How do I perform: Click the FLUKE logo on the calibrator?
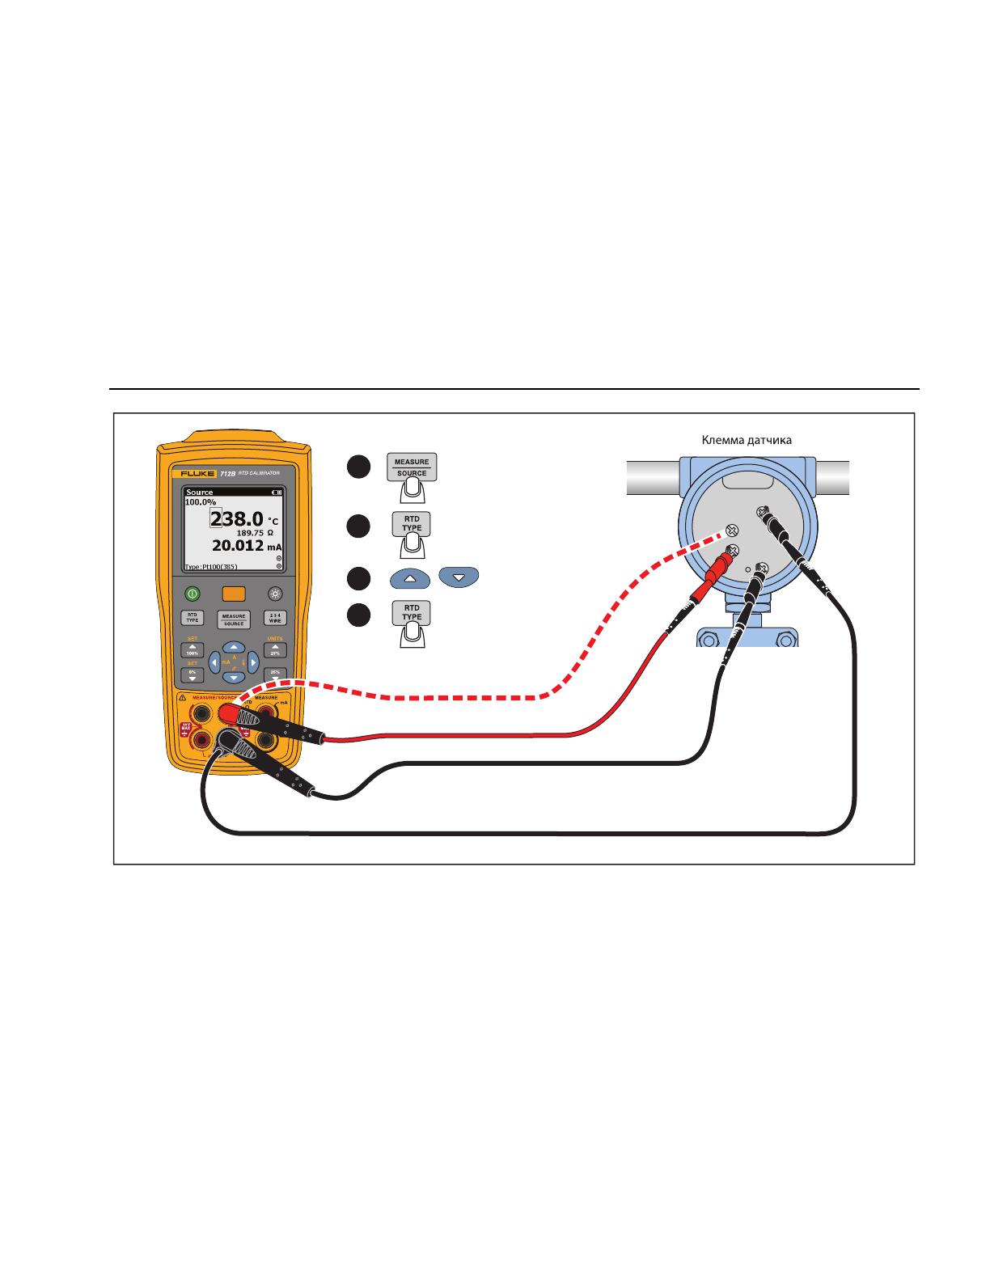pos(198,473)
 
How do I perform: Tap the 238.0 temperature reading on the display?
pos(236,518)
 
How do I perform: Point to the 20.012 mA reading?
pos(238,546)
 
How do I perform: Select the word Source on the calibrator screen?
pos(200,492)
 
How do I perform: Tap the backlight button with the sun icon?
pos(275,594)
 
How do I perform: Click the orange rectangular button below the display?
pos(234,594)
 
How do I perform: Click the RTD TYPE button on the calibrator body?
pos(192,618)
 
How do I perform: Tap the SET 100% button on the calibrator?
pos(192,650)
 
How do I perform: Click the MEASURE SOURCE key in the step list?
pos(412,467)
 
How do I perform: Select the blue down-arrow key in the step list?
pos(459,577)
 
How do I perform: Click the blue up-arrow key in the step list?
pos(410,579)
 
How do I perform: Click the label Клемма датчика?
pos(746,441)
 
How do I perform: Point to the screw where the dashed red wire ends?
pos(731,531)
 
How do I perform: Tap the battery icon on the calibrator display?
pos(277,493)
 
